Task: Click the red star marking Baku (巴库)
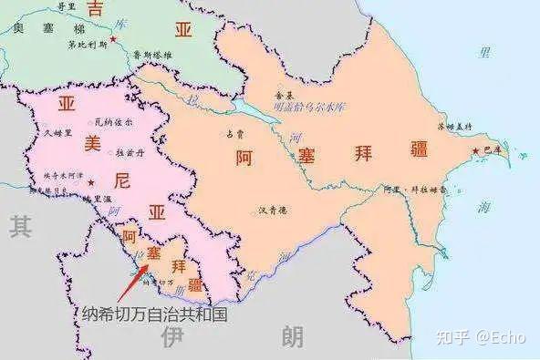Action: pos(474,151)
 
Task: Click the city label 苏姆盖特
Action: pos(454,127)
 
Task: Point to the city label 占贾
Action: pos(234,133)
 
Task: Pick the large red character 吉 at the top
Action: pos(94,10)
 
